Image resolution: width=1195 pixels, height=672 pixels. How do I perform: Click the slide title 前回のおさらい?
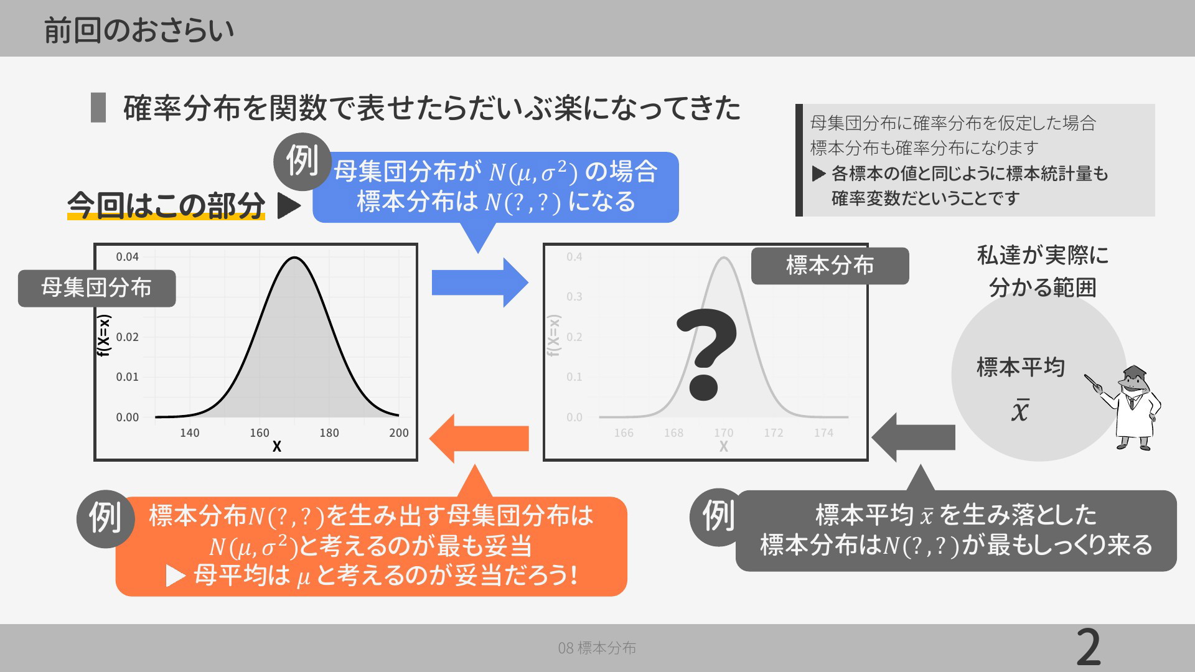(x=139, y=30)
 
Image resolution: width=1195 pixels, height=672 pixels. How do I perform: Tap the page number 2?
(x=1089, y=648)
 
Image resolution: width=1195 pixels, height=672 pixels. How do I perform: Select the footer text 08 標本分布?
(x=597, y=648)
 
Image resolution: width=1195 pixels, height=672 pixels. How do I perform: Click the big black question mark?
(x=706, y=354)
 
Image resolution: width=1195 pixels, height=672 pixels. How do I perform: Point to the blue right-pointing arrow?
(x=480, y=282)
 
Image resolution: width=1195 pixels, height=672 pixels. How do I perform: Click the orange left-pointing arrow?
(x=479, y=438)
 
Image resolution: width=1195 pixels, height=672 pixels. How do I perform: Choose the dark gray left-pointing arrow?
(x=913, y=437)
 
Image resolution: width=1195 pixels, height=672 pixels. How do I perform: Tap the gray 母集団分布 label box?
(x=96, y=288)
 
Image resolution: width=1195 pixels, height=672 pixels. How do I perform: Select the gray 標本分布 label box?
(x=830, y=266)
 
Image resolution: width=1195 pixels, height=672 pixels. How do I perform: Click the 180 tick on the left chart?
(x=329, y=433)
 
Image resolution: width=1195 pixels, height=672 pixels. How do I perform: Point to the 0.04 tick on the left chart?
(x=127, y=257)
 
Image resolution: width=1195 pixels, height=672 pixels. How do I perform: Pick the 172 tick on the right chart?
(x=774, y=433)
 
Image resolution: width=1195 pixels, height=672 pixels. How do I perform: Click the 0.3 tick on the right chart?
(x=574, y=297)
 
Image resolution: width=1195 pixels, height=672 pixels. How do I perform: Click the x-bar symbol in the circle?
(x=1020, y=410)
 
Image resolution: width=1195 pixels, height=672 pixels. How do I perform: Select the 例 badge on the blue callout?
(x=302, y=161)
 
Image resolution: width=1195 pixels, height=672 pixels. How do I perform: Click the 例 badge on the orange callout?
(x=105, y=518)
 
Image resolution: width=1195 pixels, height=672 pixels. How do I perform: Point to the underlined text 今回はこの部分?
(x=166, y=206)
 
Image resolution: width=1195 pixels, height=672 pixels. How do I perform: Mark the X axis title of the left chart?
(x=277, y=447)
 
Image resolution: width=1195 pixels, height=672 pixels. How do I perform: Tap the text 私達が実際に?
(x=1043, y=255)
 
